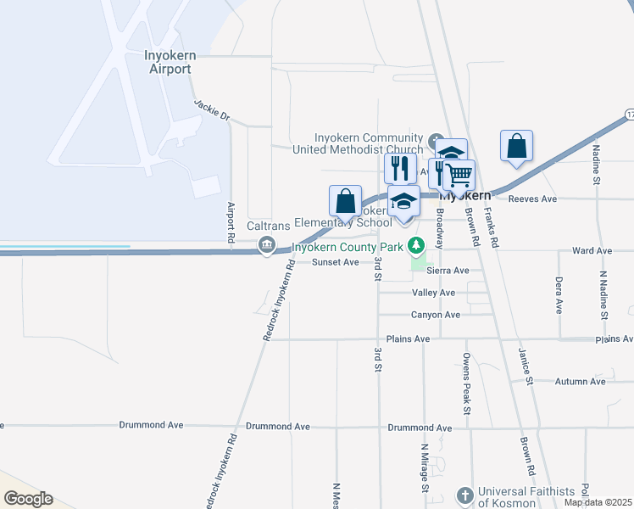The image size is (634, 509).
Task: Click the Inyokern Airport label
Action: pyautogui.click(x=170, y=62)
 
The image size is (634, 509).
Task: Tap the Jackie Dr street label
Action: pyautogui.click(x=211, y=110)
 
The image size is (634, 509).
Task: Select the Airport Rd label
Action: pyautogui.click(x=230, y=224)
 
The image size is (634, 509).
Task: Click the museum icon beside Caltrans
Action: pyautogui.click(x=266, y=246)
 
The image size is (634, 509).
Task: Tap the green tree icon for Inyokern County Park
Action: pyautogui.click(x=415, y=246)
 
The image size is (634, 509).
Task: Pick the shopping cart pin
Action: pyautogui.click(x=459, y=176)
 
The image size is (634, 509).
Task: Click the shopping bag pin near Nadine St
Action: pyautogui.click(x=516, y=147)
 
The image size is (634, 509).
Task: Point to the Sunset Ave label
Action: pyautogui.click(x=335, y=262)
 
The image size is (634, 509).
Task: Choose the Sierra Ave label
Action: pyautogui.click(x=449, y=271)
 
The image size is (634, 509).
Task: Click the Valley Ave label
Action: pyautogui.click(x=433, y=293)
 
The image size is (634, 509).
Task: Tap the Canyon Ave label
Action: pyautogui.click(x=436, y=315)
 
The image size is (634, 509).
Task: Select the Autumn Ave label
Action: pyautogui.click(x=581, y=382)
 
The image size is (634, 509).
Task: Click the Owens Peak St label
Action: pyautogui.click(x=466, y=383)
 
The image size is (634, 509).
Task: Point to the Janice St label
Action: pyautogui.click(x=526, y=366)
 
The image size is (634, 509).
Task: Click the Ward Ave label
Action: pyautogui.click(x=592, y=251)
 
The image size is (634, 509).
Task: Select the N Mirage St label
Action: pyautogui.click(x=424, y=467)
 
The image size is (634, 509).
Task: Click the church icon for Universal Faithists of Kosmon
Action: pyautogui.click(x=464, y=495)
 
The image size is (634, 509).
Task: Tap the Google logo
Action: pyautogui.click(x=28, y=499)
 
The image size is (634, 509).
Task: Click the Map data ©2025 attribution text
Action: pyautogui.click(x=597, y=502)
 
